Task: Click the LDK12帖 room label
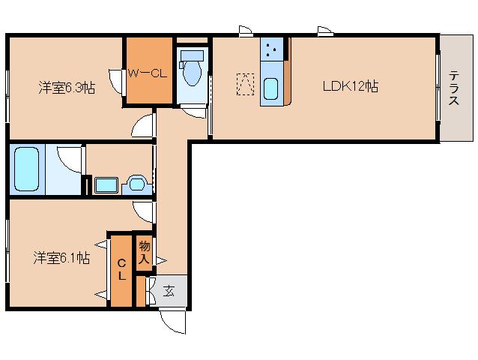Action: click(350, 86)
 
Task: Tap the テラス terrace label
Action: click(455, 88)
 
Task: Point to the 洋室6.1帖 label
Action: click(61, 258)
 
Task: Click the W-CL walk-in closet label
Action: click(147, 73)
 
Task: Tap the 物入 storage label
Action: click(145, 253)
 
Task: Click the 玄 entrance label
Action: click(169, 291)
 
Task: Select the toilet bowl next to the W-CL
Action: click(193, 71)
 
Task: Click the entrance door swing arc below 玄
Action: click(173, 320)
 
